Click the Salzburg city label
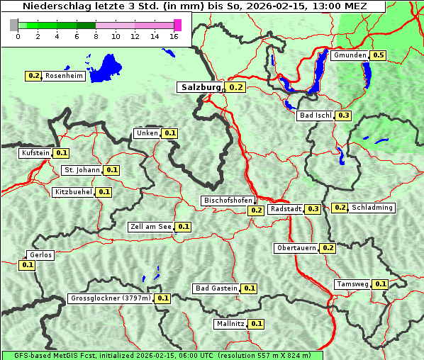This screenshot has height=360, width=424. click(199, 87)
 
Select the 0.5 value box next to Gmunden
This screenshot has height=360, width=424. click(379, 55)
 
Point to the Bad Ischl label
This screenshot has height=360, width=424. click(315, 116)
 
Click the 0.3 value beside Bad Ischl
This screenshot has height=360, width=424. click(344, 116)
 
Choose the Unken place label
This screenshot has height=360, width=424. click(147, 133)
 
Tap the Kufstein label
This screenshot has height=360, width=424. click(35, 152)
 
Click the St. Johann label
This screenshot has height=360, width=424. click(82, 170)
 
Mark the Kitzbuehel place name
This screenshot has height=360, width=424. click(74, 192)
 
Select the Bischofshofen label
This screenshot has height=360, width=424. click(228, 201)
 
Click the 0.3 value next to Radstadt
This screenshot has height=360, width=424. click(313, 208)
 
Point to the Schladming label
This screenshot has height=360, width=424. click(372, 208)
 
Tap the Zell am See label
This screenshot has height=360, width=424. click(151, 227)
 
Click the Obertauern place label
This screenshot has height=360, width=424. click(296, 248)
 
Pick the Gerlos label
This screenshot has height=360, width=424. click(40, 255)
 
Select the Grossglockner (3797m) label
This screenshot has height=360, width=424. click(111, 298)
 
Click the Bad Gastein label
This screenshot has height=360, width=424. click(216, 288)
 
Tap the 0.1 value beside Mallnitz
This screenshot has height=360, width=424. click(257, 324)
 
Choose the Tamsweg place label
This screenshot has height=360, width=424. click(352, 284)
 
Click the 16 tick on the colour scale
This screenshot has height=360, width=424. click(174, 35)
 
